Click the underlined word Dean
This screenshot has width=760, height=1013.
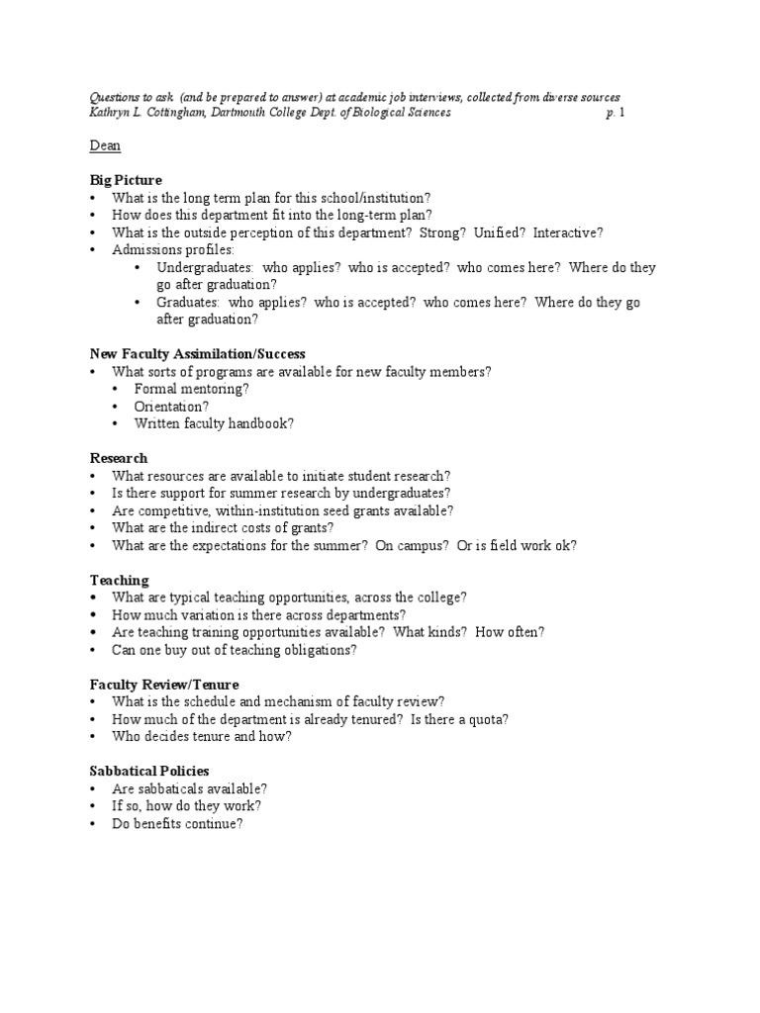tap(105, 146)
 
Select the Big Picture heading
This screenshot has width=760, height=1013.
tap(126, 180)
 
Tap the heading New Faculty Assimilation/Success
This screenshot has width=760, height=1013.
tap(198, 353)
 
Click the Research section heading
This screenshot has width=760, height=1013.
tap(119, 458)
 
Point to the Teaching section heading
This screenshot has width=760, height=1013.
tap(120, 580)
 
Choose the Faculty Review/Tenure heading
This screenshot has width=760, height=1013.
tap(164, 685)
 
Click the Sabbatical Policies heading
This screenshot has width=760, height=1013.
tap(149, 771)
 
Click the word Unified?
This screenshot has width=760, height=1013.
tap(499, 232)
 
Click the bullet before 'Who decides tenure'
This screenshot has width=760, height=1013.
tap(91, 737)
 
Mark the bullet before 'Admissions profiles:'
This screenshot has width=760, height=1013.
tap(91, 250)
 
